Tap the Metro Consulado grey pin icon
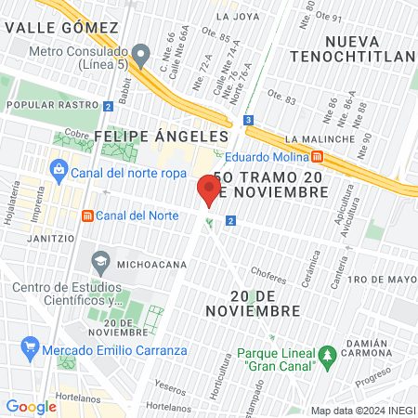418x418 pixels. click(x=140, y=56)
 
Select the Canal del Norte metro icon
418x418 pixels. click(x=87, y=216)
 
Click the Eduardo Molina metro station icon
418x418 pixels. click(x=317, y=156)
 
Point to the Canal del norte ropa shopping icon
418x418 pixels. click(x=59, y=170)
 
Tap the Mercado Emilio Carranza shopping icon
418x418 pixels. click(x=31, y=350)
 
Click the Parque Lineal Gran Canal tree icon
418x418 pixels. click(x=326, y=354)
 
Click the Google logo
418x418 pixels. click(x=31, y=406)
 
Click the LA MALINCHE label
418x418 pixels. click(x=317, y=140)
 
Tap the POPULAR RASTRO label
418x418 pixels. click(x=39, y=106)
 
